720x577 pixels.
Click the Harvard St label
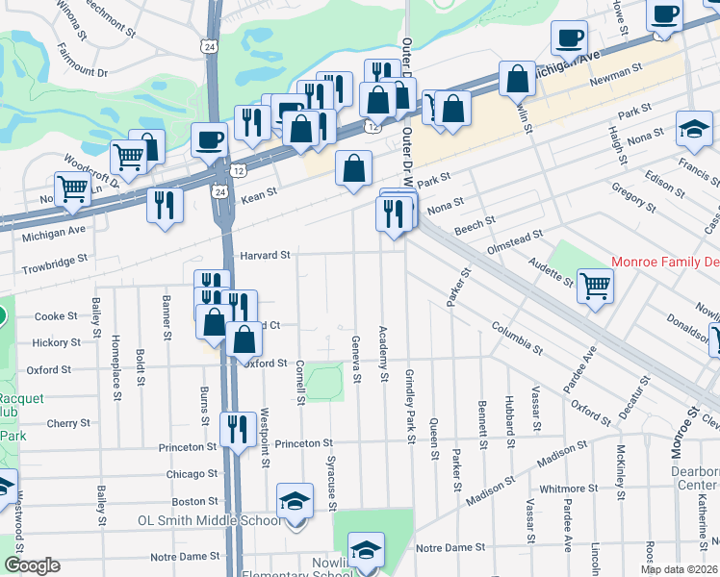(265, 255)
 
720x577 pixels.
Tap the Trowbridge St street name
(55, 260)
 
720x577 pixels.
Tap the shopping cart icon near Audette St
(596, 285)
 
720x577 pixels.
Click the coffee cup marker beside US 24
(209, 140)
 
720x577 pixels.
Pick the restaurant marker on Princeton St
(238, 428)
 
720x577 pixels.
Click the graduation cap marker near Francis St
(693, 130)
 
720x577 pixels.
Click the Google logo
(32, 565)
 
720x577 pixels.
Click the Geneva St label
(356, 357)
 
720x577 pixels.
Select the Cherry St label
(68, 423)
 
